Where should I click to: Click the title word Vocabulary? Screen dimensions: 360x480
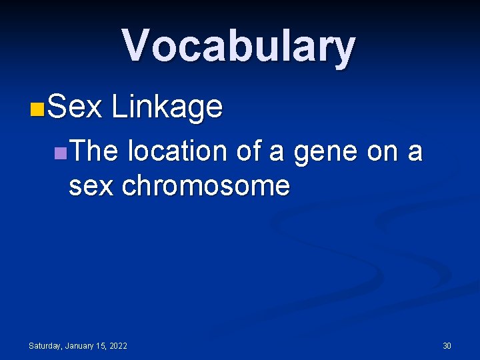click(x=239, y=47)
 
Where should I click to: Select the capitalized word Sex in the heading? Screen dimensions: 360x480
click(x=75, y=107)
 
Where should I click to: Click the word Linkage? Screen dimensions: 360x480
click(x=167, y=107)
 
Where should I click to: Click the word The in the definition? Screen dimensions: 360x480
click(x=93, y=152)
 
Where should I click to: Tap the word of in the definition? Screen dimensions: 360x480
click(x=249, y=152)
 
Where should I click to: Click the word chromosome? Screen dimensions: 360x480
click(x=206, y=185)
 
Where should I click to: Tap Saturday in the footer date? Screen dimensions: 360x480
click(x=45, y=346)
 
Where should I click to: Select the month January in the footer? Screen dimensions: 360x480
click(x=80, y=346)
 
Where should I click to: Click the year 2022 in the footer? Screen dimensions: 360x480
click(x=119, y=346)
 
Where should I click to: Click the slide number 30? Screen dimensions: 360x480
click(x=447, y=346)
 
